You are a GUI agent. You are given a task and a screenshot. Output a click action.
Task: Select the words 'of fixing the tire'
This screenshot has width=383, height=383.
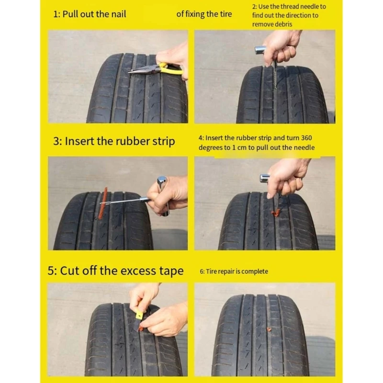(x=204, y=14)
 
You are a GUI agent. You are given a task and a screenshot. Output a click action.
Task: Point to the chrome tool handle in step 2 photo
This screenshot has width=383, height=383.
(x=260, y=49)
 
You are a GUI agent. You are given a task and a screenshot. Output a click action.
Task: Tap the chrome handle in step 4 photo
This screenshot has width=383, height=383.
(x=265, y=178)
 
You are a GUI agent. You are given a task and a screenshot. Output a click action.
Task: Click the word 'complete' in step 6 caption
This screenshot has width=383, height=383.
(x=255, y=271)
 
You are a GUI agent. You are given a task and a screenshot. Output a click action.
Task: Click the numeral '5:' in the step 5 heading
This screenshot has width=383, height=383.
(x=53, y=271)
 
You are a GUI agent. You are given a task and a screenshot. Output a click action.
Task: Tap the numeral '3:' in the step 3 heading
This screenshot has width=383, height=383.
(x=57, y=141)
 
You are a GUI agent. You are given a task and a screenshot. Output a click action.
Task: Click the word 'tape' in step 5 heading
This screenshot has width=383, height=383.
(x=171, y=271)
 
